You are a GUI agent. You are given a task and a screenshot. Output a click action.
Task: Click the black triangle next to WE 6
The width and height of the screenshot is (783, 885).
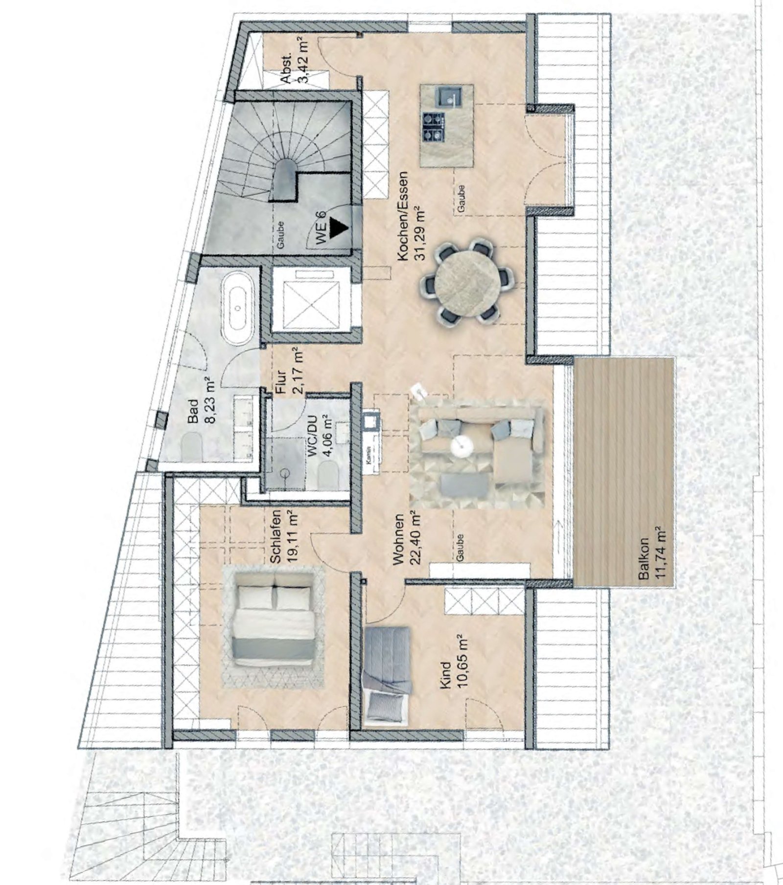(338, 227)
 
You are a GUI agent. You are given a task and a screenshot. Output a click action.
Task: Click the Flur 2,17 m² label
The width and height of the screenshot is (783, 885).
(288, 369)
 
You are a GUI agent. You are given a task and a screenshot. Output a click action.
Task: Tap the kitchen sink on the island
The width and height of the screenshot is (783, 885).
(448, 96)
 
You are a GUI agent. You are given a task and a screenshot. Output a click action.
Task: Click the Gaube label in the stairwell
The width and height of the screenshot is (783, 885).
(280, 236)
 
